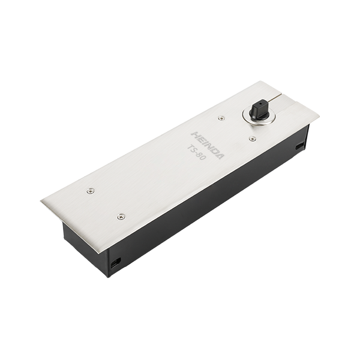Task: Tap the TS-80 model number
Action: [196, 152]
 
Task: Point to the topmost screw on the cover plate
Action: [221, 118]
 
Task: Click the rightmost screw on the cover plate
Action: [253, 138]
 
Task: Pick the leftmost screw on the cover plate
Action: [91, 190]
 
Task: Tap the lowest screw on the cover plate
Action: [121, 216]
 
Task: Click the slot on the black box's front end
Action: [116, 263]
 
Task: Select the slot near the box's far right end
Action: [300, 146]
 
